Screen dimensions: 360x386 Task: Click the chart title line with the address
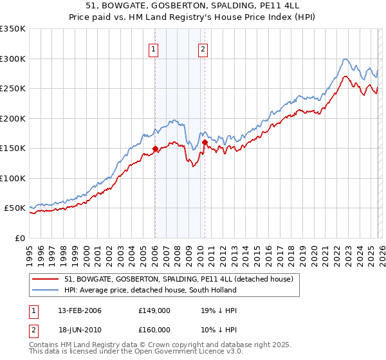pos(192,5)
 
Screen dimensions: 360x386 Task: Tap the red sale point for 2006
pos(155,148)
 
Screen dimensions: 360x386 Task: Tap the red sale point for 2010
pos(205,142)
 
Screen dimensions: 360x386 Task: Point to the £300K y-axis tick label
pos(12,59)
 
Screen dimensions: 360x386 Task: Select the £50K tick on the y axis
pos(14,208)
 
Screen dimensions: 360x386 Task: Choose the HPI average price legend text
pos(151,290)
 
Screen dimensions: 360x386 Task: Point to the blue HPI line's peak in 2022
pos(345,59)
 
